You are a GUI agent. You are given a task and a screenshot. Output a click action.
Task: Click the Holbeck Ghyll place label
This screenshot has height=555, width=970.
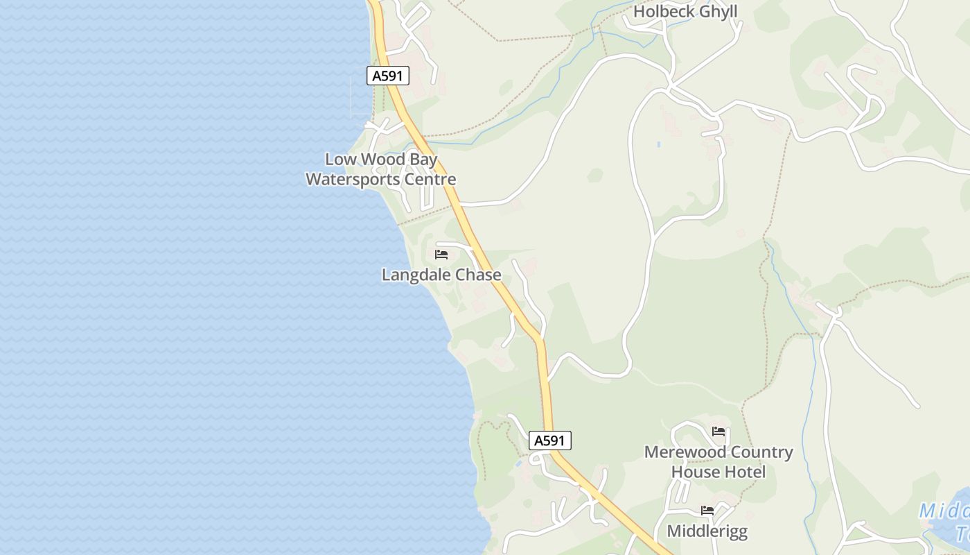[685, 12]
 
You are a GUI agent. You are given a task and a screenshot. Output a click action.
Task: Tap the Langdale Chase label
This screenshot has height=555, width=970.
[441, 275]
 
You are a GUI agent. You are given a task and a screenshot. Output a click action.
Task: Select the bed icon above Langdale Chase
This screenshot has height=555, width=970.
[441, 255]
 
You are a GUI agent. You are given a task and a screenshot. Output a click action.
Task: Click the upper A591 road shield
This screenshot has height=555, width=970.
[388, 76]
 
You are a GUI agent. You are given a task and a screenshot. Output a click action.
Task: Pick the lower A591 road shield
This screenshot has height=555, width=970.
[550, 440]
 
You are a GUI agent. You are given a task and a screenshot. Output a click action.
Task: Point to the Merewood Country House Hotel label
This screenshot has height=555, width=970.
[718, 462]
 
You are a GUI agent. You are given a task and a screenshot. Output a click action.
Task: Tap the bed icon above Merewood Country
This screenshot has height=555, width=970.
[718, 432]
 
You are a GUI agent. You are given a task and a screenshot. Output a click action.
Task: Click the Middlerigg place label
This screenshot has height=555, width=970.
[707, 531]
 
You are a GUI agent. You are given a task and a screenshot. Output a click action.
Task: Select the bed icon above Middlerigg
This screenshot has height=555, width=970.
[707, 511]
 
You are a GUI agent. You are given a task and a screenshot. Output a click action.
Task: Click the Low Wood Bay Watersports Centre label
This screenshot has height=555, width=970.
[381, 169]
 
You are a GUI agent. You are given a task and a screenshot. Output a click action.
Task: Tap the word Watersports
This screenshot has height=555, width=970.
[355, 180]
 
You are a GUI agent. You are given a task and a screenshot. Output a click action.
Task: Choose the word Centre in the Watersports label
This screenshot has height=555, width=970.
[430, 180]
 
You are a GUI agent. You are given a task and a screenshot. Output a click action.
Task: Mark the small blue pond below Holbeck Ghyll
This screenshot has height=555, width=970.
[658, 144]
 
